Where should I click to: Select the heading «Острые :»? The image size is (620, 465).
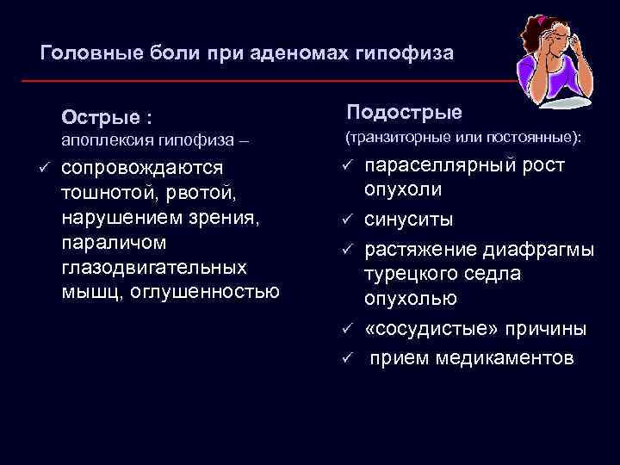coord(106,115)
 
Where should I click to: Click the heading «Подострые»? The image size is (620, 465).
coord(404,113)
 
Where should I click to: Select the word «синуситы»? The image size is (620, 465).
coord(409,220)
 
